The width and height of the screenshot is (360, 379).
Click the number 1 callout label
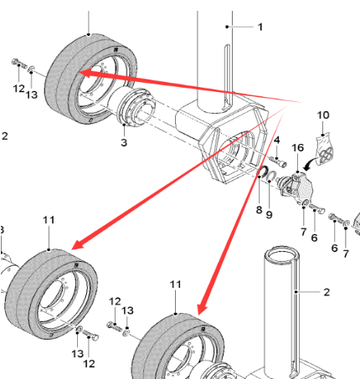coord(260,27)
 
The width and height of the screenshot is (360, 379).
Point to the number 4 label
coord(276,139)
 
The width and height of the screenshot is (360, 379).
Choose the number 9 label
coord(270,214)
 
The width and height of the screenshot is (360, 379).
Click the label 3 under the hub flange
coord(124,143)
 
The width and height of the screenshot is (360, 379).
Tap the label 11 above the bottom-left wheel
coord(48,219)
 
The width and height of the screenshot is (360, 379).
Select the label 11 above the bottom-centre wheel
coord(176,284)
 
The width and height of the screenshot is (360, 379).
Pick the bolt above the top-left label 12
coord(17,62)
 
